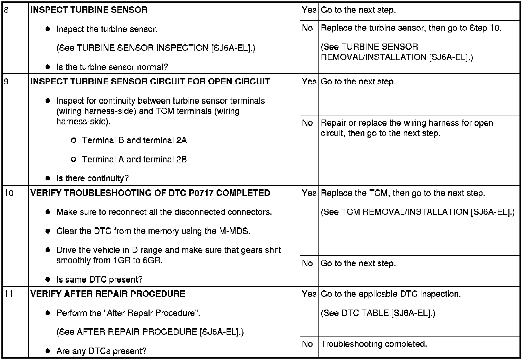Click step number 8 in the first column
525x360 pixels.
pos(7,10)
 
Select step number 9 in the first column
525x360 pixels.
pos(7,82)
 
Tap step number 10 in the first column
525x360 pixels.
pos(9,193)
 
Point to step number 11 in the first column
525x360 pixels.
pos(9,294)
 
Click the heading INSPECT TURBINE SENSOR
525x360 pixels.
pos(89,10)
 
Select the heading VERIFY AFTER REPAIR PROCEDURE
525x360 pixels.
pos(108,294)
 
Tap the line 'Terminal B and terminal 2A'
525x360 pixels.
pos(134,140)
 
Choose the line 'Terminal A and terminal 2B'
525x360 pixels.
pos(134,159)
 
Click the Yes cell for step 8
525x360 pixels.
pos(309,10)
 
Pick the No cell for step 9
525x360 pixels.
pos(307,123)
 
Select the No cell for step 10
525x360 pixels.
pos(307,263)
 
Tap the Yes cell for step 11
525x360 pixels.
pos(309,294)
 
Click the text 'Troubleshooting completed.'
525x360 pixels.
pos(374,344)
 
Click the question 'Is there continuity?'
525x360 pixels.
pos(92,178)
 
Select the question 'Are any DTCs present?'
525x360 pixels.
pos(101,351)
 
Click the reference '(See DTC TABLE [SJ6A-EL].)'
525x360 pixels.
pos(378,313)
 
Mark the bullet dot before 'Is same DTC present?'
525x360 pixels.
pos(48,279)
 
